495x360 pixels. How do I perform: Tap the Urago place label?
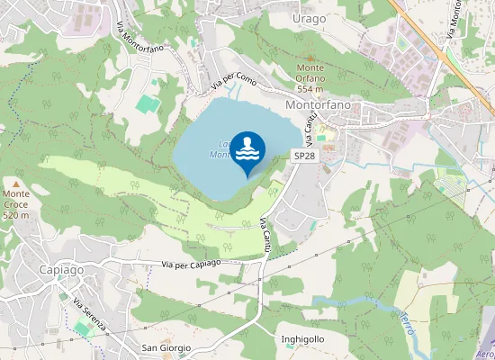[310, 18]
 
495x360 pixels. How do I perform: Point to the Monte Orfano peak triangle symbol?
[310, 55]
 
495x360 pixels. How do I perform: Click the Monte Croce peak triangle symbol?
[15, 183]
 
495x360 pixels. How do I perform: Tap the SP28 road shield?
[305, 156]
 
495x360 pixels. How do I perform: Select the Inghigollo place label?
[302, 339]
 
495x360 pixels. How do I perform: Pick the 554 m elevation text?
[310, 89]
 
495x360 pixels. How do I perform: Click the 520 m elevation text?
[16, 215]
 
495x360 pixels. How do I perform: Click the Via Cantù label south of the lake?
[266, 235]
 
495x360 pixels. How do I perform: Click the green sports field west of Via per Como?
[148, 103]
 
